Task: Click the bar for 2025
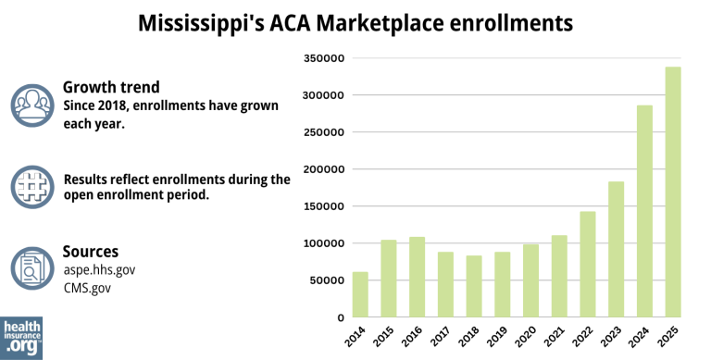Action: pyautogui.click(x=673, y=192)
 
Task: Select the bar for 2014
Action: pyautogui.click(x=360, y=294)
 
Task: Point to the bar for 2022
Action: pyautogui.click(x=587, y=264)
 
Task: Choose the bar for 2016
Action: pyautogui.click(x=417, y=277)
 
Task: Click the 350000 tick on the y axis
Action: pyautogui.click(x=324, y=58)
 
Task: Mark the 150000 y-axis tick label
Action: pyautogui.click(x=324, y=206)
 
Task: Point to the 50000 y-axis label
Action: pyautogui.click(x=327, y=280)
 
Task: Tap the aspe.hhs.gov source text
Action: pyautogui.click(x=99, y=269)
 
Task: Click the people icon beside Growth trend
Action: pyautogui.click(x=33, y=105)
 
